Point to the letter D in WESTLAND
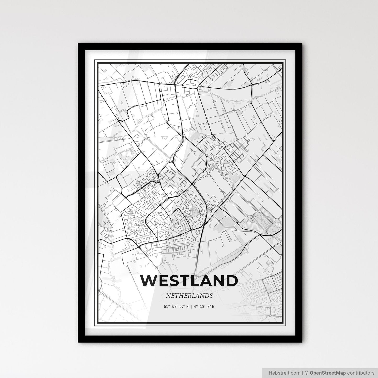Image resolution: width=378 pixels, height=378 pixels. click(x=232, y=281)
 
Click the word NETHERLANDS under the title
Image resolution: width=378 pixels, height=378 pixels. click(x=189, y=296)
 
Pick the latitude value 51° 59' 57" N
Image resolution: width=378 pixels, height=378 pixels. click(x=176, y=307)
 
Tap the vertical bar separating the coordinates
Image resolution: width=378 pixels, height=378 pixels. click(x=191, y=307)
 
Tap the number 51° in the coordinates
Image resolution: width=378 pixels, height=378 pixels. click(x=166, y=307)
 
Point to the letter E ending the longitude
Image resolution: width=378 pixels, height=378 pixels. click(x=213, y=307)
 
